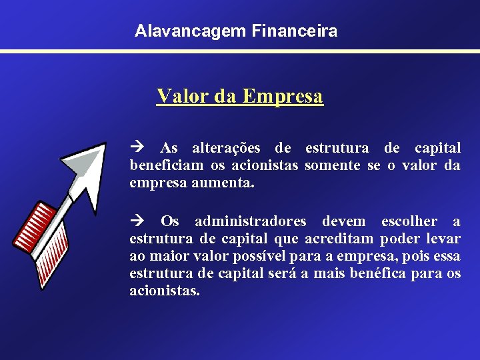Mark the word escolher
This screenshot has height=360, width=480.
click(409, 221)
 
